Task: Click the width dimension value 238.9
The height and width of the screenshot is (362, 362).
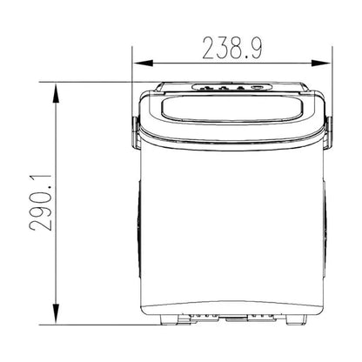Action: [x=232, y=49]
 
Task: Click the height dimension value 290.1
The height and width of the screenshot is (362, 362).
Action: [x=41, y=203]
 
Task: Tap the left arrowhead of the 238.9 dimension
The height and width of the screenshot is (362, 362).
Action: [x=143, y=63]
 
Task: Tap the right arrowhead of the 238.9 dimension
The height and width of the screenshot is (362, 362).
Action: [x=321, y=63]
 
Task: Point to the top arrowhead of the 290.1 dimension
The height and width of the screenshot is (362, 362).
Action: [x=57, y=93]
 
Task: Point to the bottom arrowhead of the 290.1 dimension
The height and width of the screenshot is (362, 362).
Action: [x=57, y=314]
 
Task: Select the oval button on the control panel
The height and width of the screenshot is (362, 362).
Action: [x=258, y=87]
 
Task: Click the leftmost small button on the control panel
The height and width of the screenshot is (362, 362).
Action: [x=206, y=88]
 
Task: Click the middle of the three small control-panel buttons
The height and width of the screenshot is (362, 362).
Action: [x=223, y=88]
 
